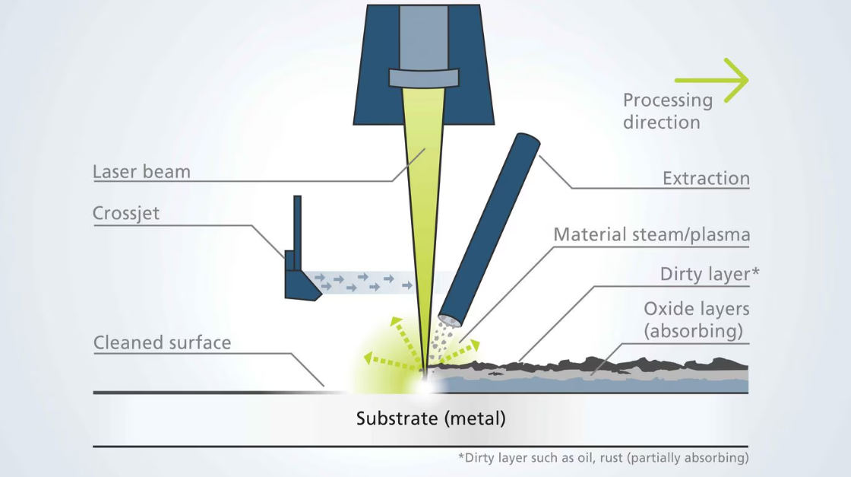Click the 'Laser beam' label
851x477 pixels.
[141, 172]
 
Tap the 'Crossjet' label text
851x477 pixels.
[126, 214]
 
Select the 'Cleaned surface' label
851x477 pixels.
[163, 343]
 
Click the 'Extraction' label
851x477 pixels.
[706, 178]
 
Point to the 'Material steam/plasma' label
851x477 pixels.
[652, 235]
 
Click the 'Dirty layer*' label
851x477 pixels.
[710, 274]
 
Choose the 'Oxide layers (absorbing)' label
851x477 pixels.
[696, 320]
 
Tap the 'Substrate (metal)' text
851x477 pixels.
[431, 419]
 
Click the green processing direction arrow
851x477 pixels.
[711, 81]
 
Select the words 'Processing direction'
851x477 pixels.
[668, 111]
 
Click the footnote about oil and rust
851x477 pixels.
[603, 458]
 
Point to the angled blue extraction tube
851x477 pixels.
[489, 229]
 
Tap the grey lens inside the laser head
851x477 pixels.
[424, 78]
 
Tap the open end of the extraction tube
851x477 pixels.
[450, 320]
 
